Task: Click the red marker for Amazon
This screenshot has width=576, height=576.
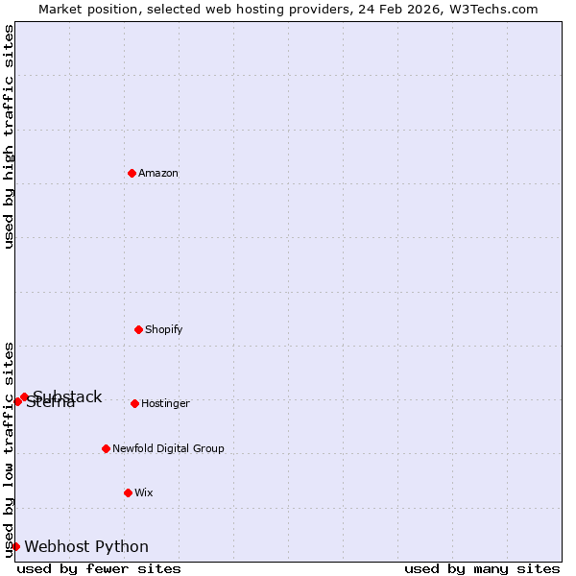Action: [132, 173]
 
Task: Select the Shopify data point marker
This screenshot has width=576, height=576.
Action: [138, 329]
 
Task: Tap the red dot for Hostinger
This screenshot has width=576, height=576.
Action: [134, 403]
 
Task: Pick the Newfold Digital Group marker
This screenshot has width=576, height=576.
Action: [106, 448]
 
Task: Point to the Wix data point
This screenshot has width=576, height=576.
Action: [128, 492]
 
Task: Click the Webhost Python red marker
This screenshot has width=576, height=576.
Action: [15, 546]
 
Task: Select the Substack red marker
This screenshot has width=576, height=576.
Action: [24, 396]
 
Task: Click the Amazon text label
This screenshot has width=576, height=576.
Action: [158, 173]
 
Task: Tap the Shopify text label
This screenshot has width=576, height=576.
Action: [164, 329]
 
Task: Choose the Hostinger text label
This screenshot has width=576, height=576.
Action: [165, 403]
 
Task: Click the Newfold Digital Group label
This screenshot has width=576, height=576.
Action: [168, 448]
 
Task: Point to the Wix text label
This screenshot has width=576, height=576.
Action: [144, 492]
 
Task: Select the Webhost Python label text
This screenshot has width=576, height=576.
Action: [86, 546]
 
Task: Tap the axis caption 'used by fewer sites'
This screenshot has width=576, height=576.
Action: [99, 568]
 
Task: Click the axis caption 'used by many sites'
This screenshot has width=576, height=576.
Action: [482, 568]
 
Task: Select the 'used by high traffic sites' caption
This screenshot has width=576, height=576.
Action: [9, 136]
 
